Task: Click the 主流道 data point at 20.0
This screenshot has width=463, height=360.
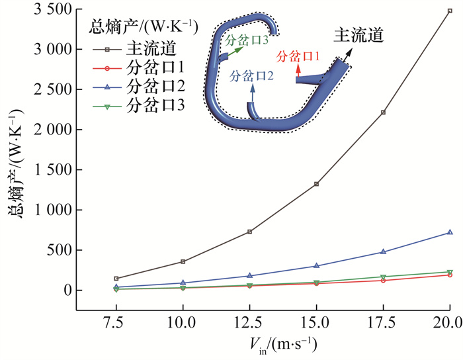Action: [x=450, y=11]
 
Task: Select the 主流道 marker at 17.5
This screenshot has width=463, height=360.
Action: [x=383, y=112]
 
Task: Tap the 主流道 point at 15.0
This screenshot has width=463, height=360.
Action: [x=316, y=184]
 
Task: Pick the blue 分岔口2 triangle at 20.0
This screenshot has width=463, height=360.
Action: [x=450, y=232]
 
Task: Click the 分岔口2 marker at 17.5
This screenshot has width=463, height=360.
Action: [x=383, y=251]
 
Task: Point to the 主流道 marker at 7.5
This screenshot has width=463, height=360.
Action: [x=116, y=279]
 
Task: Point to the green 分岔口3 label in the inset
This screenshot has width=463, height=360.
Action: [x=246, y=40]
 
